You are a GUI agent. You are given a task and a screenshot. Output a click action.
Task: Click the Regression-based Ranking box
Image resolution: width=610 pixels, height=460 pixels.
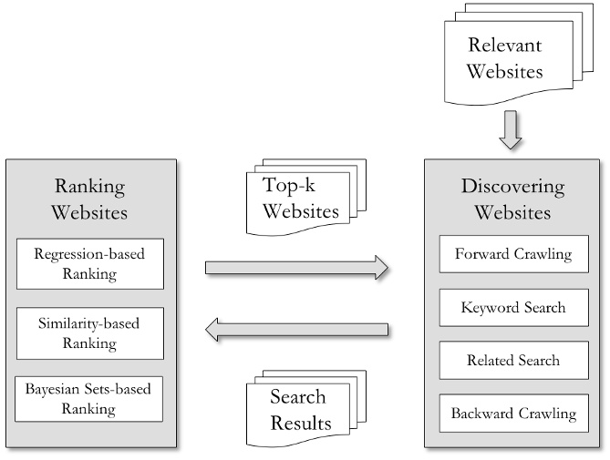89,263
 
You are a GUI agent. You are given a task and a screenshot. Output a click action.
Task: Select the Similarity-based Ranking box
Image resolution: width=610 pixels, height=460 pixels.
89,332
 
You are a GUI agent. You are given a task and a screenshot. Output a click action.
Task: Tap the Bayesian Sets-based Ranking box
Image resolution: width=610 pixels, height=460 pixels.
89,398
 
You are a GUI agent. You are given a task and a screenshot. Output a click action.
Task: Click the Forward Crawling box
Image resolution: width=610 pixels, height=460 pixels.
513,254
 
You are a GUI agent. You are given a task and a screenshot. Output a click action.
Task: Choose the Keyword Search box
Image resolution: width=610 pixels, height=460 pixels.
513,307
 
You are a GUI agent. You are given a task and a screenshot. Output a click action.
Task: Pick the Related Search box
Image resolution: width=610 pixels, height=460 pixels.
513,360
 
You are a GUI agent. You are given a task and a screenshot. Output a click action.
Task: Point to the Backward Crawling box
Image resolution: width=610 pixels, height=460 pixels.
513,413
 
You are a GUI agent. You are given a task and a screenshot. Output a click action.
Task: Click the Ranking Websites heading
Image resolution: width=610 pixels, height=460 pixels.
89,199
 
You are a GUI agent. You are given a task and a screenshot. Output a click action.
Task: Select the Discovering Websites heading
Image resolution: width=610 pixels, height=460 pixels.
513,199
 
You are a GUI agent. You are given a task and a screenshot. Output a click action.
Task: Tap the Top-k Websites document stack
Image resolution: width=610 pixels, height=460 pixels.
302,199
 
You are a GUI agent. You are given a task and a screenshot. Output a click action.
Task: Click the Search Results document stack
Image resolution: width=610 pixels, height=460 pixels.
302,410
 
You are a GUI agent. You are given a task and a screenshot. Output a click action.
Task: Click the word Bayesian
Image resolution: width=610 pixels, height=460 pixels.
56,388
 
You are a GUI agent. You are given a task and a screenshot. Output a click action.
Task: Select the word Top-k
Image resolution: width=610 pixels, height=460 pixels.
288,186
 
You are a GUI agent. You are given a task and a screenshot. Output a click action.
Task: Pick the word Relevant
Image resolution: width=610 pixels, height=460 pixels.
504,46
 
